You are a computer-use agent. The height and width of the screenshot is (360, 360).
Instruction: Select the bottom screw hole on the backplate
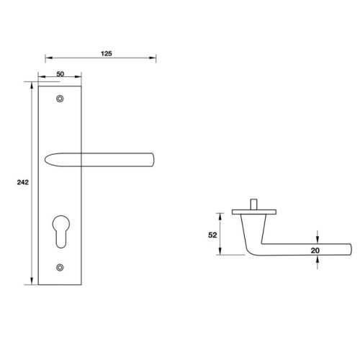point(59,268)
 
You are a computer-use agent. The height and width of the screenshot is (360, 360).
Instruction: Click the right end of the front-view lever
point(153,158)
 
